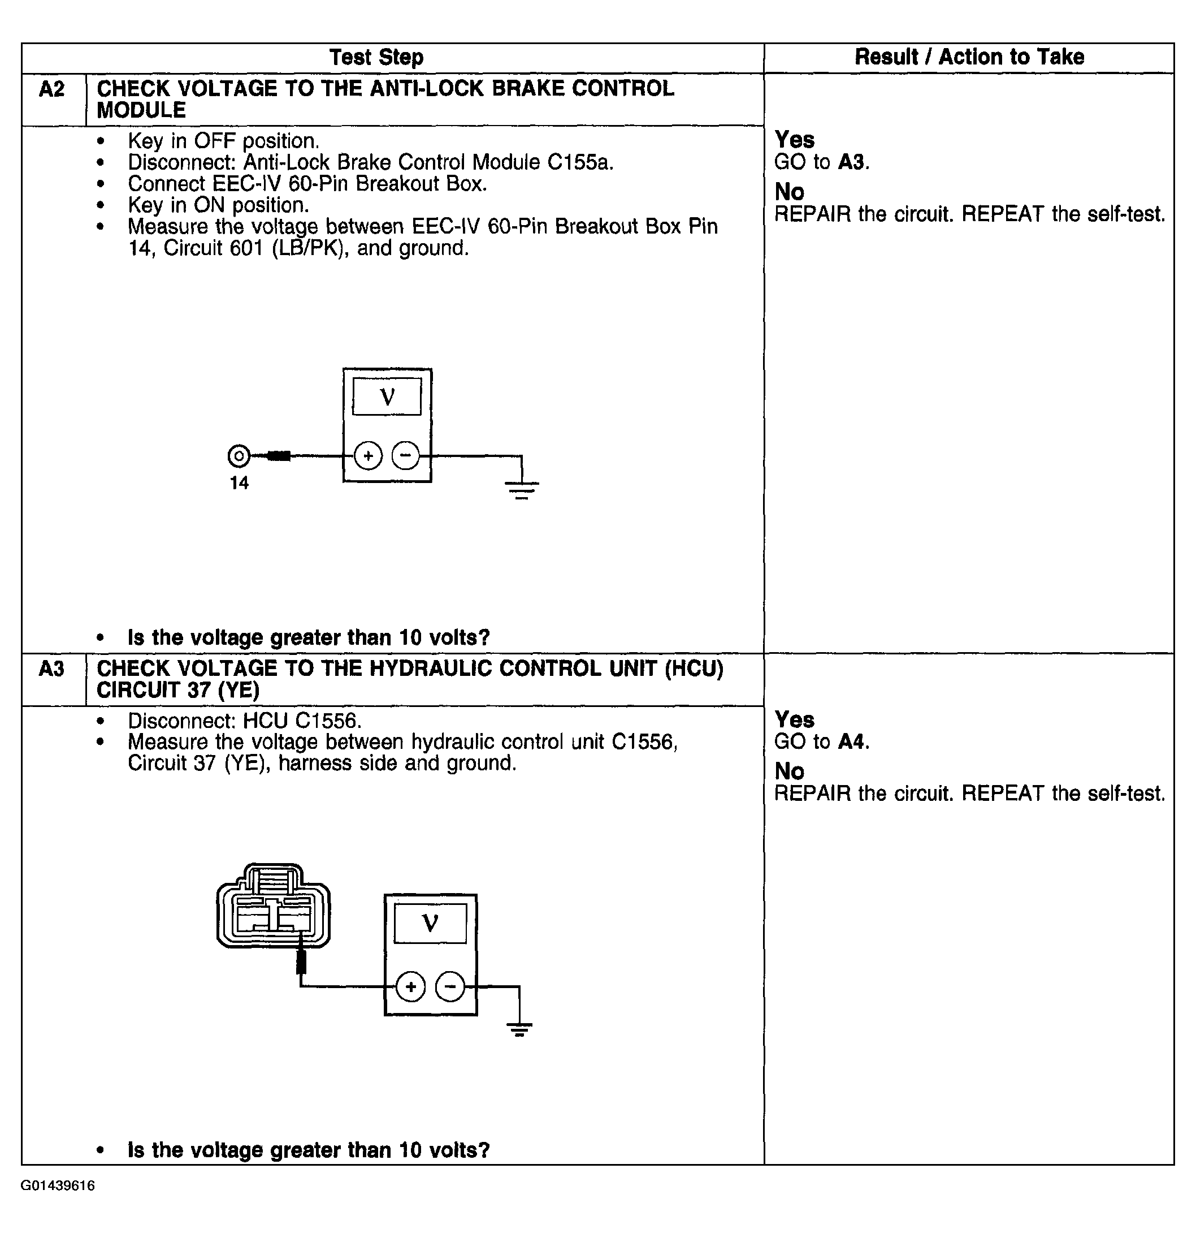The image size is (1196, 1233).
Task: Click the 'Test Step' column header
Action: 376,57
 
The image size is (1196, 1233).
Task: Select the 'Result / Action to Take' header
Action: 969,57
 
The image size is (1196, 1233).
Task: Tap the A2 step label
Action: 51,89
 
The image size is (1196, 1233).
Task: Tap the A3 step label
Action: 51,668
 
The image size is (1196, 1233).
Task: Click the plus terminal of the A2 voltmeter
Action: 368,455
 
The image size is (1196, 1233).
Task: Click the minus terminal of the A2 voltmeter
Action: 406,455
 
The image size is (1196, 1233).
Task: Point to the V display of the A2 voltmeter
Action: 387,396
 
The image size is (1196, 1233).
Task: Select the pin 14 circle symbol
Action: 239,455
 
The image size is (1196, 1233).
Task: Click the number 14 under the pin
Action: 239,483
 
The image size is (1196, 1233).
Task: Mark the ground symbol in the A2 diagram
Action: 522,489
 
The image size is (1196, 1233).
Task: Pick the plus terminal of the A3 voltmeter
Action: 410,986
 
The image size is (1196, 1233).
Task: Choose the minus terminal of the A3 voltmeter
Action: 450,986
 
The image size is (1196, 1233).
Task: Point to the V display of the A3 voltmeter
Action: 430,924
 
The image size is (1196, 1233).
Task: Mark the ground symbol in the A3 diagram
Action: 519,1030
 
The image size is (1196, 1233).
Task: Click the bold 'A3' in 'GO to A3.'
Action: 852,162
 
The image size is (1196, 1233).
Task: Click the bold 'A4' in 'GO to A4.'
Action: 852,741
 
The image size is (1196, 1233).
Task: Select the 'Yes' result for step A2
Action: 794,140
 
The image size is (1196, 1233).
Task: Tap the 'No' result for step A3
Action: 789,771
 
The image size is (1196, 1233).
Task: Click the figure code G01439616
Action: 58,1186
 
